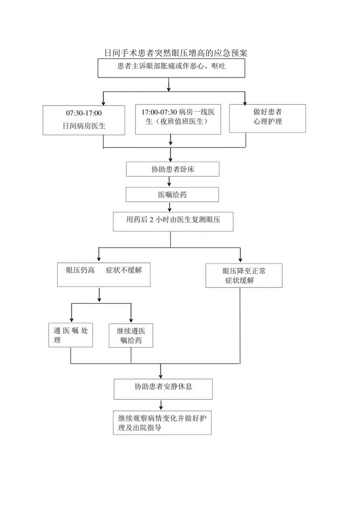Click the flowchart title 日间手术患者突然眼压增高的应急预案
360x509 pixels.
coord(176,53)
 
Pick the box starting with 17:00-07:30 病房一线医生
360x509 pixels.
coord(178,119)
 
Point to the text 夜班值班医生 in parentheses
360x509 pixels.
coord(178,121)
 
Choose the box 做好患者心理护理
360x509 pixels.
coord(267,117)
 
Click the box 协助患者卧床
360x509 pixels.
coord(173,169)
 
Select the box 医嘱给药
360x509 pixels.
coord(172,195)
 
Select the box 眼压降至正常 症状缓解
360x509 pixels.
coord(244,275)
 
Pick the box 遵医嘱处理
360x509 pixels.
coord(70,335)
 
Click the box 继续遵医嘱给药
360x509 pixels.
coord(131,336)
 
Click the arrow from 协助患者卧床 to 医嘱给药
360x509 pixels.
coord(169,182)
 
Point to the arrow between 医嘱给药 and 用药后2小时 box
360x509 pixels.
coord(169,207)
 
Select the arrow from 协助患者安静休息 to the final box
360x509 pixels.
coord(161,405)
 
